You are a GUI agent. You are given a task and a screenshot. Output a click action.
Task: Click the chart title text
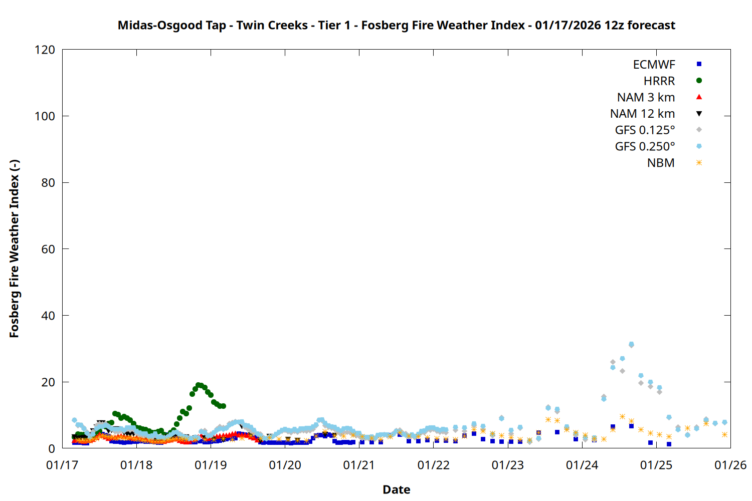pos(396,25)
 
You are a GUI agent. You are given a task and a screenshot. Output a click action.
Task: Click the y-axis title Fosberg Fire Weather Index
pos(14,248)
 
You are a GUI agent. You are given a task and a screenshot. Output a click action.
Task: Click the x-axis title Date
pos(396,489)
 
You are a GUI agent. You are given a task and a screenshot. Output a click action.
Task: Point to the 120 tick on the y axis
pos(45,50)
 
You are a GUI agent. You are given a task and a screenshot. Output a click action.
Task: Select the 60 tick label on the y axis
pos(48,249)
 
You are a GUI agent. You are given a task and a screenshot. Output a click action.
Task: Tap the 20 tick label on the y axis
pos(48,382)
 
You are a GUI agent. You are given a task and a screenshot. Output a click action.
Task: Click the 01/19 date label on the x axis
pos(211,465)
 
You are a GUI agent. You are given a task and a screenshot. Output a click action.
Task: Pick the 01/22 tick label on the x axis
pos(433,465)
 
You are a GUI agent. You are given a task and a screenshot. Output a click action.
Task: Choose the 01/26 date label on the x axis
pos(730,465)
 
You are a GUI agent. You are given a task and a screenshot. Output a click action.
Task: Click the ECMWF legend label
pos(654,65)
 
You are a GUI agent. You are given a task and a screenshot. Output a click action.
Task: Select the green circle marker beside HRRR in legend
pos(699,81)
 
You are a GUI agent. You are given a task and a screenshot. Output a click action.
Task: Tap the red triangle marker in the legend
pos(699,97)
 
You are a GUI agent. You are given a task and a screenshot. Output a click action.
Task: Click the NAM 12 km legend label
pos(642,114)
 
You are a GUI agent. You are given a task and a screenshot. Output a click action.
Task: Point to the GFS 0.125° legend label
pos(645,130)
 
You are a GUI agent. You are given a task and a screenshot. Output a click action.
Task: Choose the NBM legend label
pos(661,163)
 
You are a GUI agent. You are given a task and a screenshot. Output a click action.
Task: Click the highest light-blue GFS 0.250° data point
pos(631,344)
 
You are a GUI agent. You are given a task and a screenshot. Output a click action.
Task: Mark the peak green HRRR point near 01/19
pos(199,385)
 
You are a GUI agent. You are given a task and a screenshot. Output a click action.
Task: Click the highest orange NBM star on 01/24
pos(622,416)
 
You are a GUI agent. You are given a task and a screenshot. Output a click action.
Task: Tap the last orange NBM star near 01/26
pos(724,434)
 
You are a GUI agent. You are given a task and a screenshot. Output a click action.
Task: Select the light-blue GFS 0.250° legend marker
pos(699,146)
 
